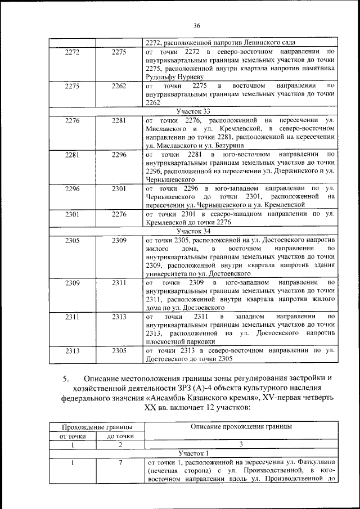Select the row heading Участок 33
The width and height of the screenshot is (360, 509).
coord(193,111)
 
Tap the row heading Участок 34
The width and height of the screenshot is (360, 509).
coord(193,231)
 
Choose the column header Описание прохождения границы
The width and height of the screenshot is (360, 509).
coord(241,426)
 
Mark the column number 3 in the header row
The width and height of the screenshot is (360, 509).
coord(241,444)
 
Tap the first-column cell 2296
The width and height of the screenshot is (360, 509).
coord(72,188)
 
